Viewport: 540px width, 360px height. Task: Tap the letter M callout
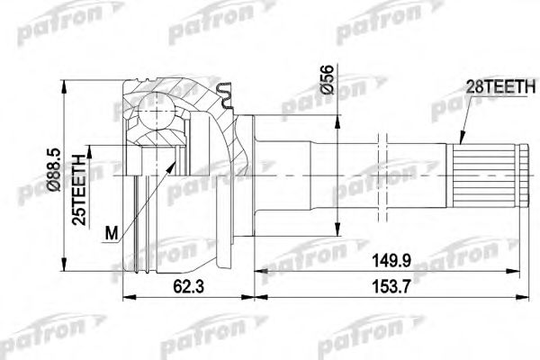(x=111, y=236)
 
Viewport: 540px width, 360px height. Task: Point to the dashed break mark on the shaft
(x=383, y=171)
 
